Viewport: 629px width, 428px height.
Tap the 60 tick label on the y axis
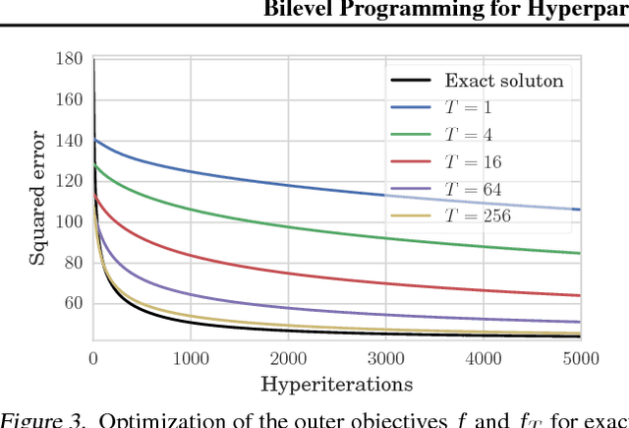(73, 303)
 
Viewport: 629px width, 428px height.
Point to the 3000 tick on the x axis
(385, 358)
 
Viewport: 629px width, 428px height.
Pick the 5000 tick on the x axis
(580, 358)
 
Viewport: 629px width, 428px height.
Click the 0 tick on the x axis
(93, 358)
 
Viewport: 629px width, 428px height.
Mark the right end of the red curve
(580, 295)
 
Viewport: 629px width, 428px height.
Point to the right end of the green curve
(580, 253)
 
